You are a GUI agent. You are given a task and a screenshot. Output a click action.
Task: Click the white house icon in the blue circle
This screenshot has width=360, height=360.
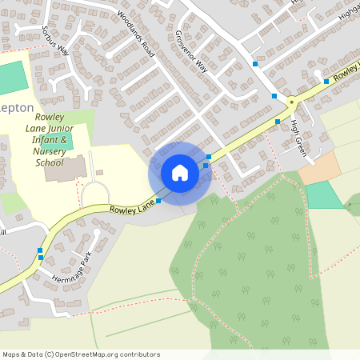click(x=180, y=173)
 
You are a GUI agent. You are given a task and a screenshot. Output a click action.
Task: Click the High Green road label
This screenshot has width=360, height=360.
click(x=298, y=137)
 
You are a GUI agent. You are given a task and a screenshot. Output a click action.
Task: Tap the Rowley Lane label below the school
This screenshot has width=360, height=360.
click(x=131, y=210)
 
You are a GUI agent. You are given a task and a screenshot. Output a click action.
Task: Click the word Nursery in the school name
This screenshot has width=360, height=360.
click(x=50, y=151)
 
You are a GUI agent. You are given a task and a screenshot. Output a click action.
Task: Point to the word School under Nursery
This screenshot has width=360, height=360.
click(x=50, y=162)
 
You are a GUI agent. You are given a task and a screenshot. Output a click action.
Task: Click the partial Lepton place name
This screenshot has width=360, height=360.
click(x=17, y=107)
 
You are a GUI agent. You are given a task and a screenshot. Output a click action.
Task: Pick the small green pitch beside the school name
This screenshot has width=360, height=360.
click(x=66, y=142)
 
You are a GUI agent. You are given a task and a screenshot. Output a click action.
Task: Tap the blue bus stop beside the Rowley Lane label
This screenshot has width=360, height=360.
click(x=158, y=201)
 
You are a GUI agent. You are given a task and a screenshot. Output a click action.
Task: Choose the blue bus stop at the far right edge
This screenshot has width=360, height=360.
click(x=326, y=81)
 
